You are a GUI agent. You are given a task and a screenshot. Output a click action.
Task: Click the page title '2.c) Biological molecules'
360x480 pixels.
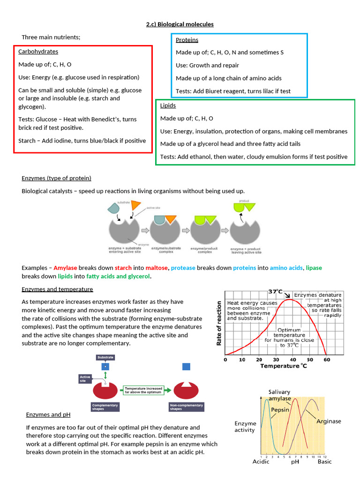coord(180,24)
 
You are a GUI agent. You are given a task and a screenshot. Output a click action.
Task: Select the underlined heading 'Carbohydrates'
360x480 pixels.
coord(38,52)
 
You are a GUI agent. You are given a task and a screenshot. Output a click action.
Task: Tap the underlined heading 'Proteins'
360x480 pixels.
coord(187,40)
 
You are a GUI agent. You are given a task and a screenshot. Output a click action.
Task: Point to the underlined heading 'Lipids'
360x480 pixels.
coord(168,106)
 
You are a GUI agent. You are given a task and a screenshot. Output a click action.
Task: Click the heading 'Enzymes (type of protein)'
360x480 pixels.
coord(56,178)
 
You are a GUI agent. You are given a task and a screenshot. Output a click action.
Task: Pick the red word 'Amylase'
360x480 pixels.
coord(65,268)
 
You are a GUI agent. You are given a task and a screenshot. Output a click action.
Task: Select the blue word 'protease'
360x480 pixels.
coord(183,268)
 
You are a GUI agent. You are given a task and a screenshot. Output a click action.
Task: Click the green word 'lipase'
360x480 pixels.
coord(314,268)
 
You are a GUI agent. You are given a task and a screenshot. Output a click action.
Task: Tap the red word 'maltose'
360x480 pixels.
coord(156,268)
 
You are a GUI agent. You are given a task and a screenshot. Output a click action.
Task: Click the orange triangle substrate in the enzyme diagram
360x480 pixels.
coord(136,205)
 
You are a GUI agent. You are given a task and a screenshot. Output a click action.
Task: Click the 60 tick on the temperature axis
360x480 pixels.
coord(327,360)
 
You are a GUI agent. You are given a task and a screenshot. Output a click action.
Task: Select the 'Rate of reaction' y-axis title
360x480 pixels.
coord(218,323)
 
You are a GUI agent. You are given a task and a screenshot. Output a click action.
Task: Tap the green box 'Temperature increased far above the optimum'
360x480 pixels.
coord(143,389)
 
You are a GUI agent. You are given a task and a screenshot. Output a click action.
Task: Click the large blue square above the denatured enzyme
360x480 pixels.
coord(186,366)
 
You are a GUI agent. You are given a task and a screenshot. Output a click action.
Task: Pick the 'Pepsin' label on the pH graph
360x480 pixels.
coord(280,409)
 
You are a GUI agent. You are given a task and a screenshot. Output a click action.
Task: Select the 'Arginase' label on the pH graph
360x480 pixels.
coord(329,421)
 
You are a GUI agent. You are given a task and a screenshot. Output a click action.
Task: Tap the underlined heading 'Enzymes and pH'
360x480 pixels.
coord(48,415)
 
